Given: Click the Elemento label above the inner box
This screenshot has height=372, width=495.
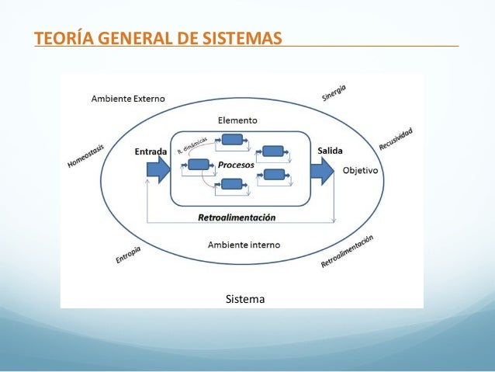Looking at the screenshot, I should point(237,121).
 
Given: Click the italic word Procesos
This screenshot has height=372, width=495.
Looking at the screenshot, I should point(237,165).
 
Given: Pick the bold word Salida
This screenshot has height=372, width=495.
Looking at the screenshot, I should point(331,151).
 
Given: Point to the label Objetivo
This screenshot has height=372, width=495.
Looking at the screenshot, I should point(361,170).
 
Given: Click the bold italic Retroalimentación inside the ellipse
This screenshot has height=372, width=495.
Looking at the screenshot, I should point(237,217).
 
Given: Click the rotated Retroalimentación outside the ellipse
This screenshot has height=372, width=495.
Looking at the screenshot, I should point(348,252).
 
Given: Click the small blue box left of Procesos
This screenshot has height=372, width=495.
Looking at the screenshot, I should point(199,165).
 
